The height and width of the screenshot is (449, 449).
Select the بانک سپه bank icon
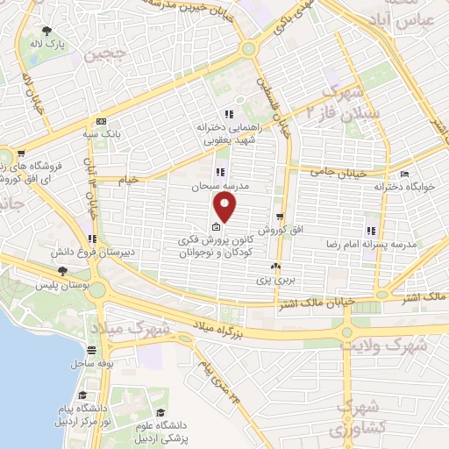102,121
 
